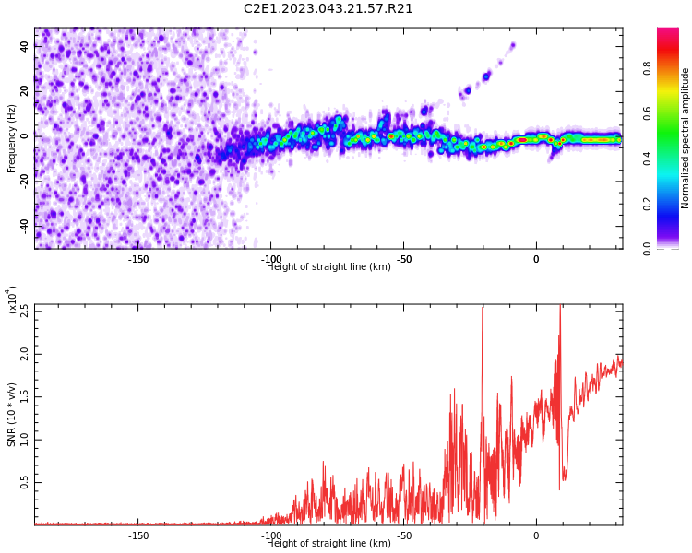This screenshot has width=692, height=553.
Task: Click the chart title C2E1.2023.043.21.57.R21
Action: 328,9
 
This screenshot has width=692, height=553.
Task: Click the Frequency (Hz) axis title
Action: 12,138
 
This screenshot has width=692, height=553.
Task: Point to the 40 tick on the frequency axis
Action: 25,46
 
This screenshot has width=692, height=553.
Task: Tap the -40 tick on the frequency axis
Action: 23,225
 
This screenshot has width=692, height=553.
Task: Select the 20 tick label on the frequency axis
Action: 25,91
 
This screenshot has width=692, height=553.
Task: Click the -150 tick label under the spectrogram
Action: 137,259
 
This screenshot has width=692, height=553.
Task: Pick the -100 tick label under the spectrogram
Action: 270,259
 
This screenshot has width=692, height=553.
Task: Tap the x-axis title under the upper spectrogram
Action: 328,267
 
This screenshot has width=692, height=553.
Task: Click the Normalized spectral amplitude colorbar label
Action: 686,138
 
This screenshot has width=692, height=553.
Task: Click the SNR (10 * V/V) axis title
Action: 12,415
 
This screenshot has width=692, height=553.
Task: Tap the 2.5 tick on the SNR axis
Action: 24,311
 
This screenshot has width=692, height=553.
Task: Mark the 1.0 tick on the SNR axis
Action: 24,440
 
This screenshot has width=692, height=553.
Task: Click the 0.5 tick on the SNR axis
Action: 24,482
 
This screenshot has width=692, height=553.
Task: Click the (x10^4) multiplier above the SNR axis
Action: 12,300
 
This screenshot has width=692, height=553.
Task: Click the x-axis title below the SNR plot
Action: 328,544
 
